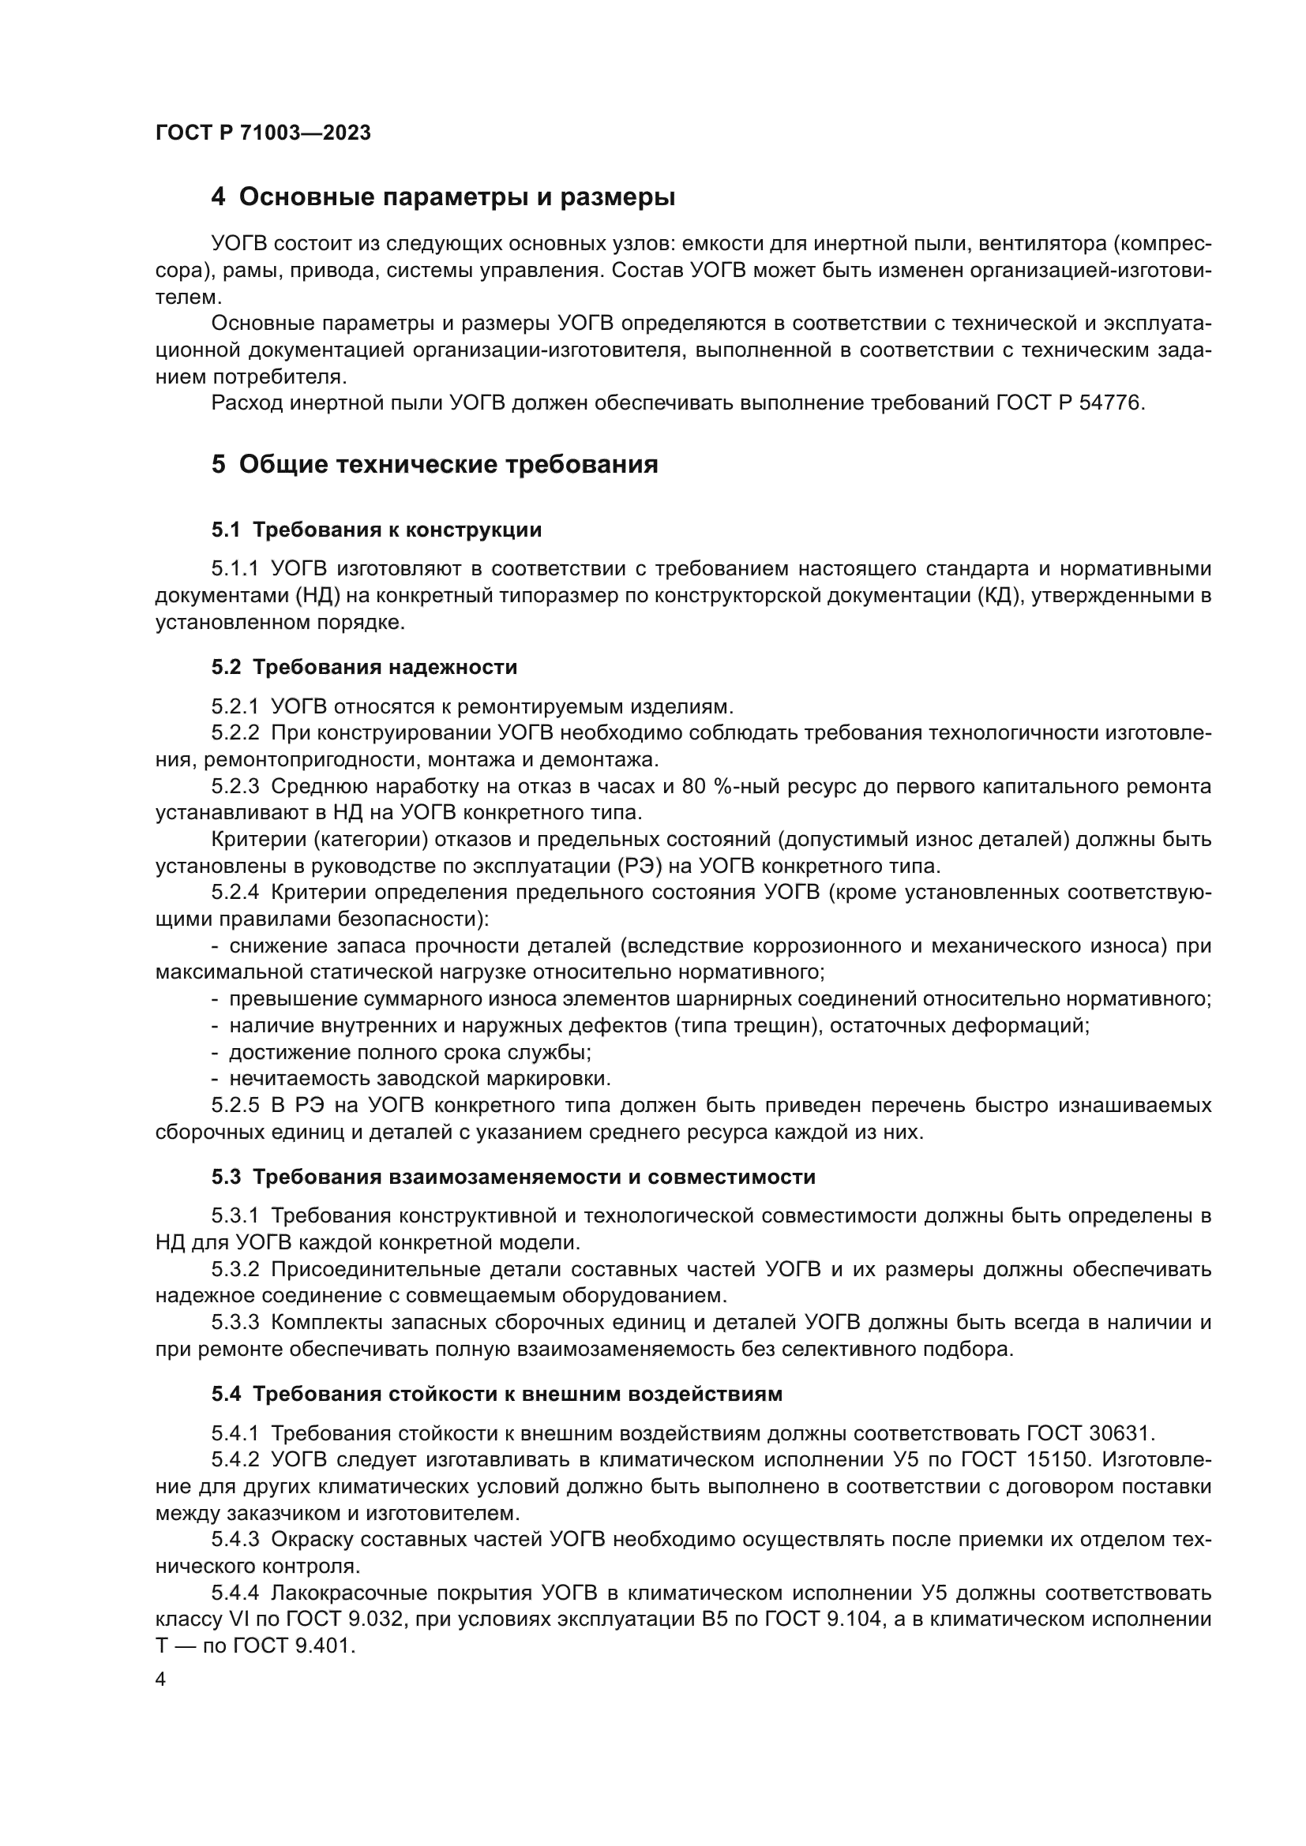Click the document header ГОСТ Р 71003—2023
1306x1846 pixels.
tap(263, 133)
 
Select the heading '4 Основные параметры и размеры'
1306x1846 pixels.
tap(443, 197)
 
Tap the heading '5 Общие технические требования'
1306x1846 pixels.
tap(435, 465)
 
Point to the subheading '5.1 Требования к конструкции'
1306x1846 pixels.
tap(377, 530)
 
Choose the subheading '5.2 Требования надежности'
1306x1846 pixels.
tap(364, 668)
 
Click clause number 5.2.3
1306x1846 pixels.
tap(235, 786)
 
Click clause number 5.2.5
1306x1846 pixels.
tap(235, 1106)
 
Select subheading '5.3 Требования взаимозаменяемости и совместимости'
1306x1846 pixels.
tap(513, 1177)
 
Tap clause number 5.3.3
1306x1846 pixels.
tap(235, 1323)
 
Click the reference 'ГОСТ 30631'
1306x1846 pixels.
tap(1090, 1433)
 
